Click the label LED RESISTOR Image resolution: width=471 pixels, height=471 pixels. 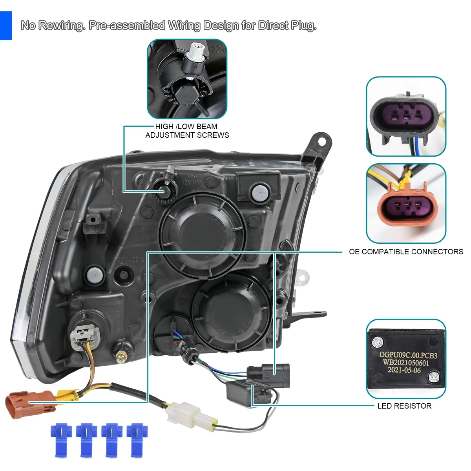(404, 406)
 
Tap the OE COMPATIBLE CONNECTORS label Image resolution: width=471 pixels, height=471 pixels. (406, 252)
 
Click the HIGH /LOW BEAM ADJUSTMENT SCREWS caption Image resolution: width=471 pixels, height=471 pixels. (187, 131)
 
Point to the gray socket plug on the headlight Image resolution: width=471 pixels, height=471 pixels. (84, 336)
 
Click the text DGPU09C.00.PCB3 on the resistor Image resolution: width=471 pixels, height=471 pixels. (408, 355)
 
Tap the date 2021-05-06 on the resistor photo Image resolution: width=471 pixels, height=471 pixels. (404, 370)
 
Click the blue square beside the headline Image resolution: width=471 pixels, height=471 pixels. (5, 25)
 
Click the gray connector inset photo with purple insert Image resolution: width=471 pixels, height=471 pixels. (406, 117)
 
